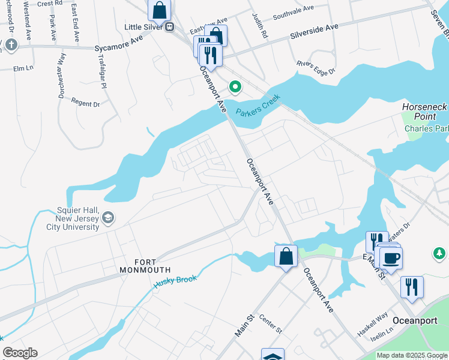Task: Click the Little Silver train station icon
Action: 170,26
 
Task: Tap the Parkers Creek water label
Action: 258,106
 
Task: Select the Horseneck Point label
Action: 424,112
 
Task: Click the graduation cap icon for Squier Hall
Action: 108,217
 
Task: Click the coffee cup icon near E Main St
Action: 391,258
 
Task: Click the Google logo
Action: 20,353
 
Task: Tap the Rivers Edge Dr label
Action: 315,68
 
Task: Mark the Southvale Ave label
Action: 294,13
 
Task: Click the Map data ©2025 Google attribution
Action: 412,355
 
